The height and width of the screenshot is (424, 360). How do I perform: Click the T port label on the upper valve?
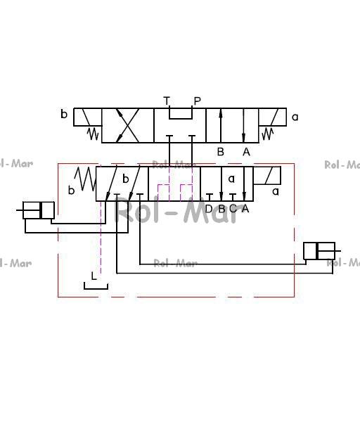click(167, 101)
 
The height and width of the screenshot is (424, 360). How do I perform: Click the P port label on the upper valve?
click(198, 101)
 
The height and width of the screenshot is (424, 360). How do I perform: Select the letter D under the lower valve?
click(209, 209)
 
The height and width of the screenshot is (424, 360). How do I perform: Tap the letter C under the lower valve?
click(233, 209)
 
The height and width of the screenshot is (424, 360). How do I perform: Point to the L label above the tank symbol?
click(94, 276)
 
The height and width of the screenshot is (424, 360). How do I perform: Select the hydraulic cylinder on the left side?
click(36, 210)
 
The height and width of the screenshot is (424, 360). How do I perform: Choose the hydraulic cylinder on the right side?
click(321, 251)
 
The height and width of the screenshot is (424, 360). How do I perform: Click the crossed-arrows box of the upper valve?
click(128, 125)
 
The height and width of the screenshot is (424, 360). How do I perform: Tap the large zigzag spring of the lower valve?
click(86, 179)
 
